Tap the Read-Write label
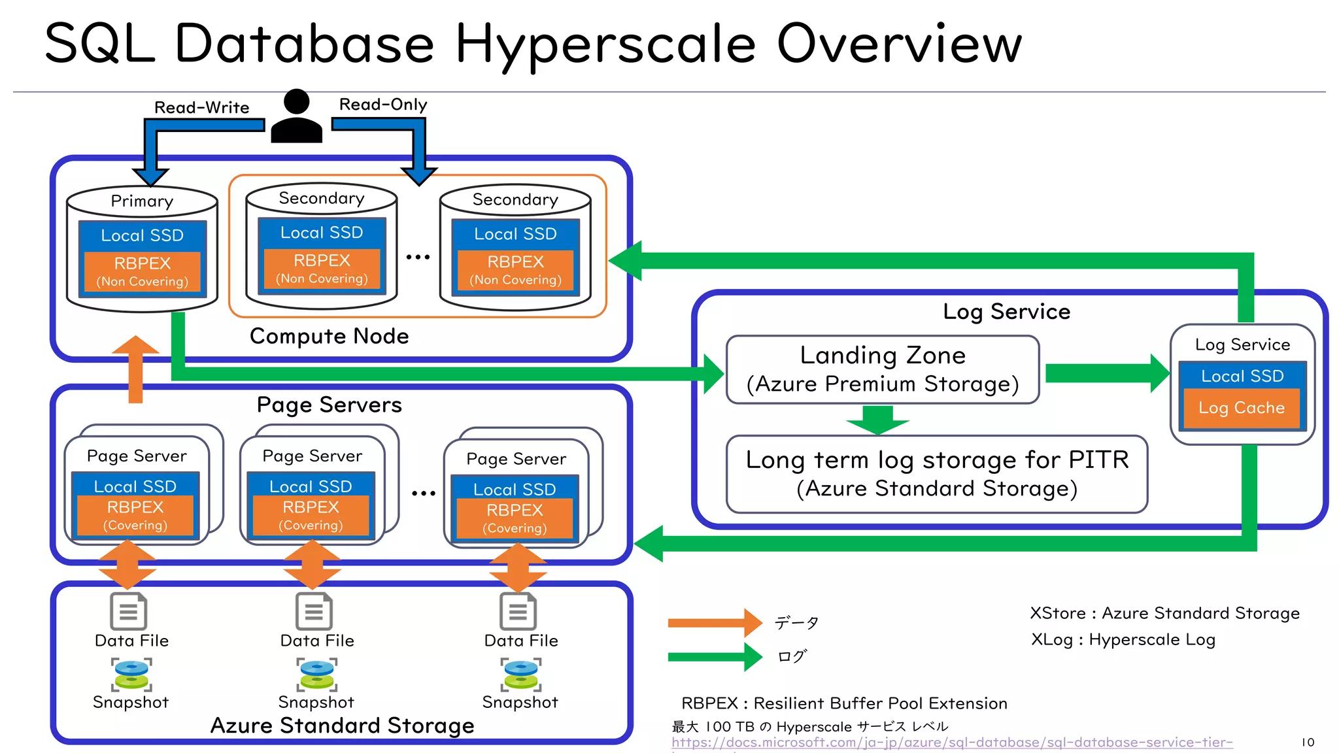tap(201, 107)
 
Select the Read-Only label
tap(383, 105)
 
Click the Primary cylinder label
tap(142, 201)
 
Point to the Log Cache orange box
tap(1242, 408)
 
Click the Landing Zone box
tap(883, 369)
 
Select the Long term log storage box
tap(937, 474)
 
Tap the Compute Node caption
tap(329, 336)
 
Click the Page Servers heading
tap(329, 405)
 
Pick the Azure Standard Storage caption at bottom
tap(342, 726)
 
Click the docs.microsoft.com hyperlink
tap(951, 743)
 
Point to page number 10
tap(1308, 742)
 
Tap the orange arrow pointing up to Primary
tap(135, 369)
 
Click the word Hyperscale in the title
tap(605, 44)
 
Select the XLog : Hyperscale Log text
tap(1123, 639)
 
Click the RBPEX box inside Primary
tap(142, 271)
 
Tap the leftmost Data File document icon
tap(129, 611)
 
